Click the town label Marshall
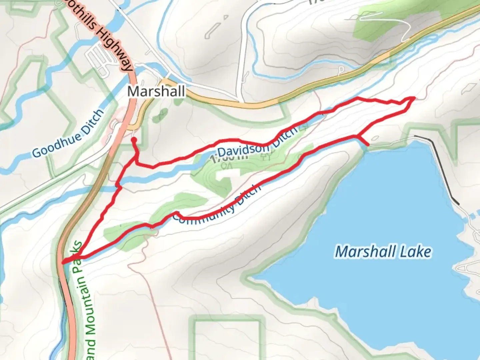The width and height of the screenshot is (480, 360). (156, 91)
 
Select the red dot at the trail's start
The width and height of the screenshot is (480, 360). (134, 140)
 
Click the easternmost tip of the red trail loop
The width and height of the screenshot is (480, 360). (414, 98)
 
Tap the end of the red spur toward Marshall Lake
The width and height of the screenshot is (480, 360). (368, 145)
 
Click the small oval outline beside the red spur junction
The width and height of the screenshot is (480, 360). (375, 138)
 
